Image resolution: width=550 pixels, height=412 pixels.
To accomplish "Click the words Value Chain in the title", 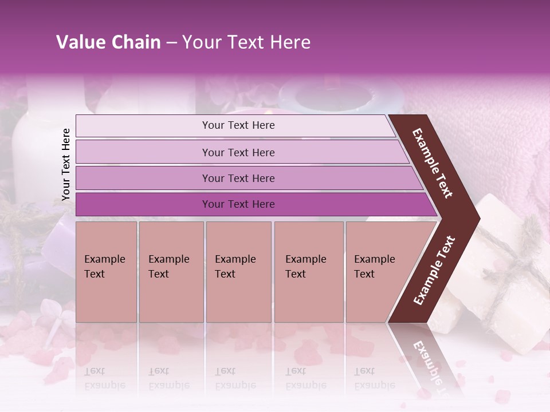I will pyautogui.click(x=108, y=42).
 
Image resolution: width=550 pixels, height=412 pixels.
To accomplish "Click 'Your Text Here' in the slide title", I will pyautogui.click(x=246, y=42).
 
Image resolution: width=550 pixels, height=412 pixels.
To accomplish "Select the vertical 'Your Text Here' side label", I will pyautogui.click(x=66, y=164).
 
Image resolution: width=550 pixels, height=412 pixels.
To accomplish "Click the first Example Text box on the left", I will pyautogui.click(x=106, y=272).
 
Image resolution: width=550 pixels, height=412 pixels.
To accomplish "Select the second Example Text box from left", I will pyautogui.click(x=171, y=272).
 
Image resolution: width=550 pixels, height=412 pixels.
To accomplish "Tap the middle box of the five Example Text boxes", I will pyautogui.click(x=238, y=272).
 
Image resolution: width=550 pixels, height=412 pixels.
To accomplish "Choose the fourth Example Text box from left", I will pyautogui.click(x=308, y=272).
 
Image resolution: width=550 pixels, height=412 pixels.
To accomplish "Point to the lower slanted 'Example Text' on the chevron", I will pyautogui.click(x=434, y=271).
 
